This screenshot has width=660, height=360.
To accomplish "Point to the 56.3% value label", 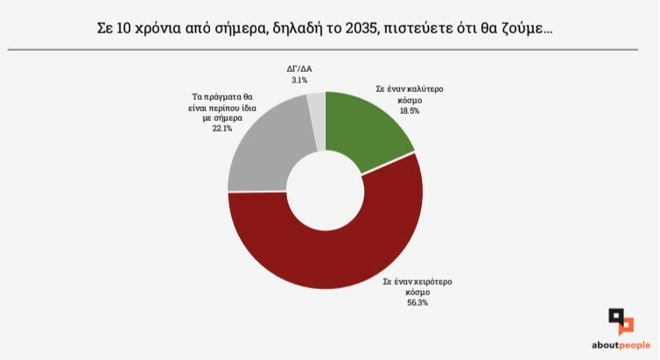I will (x=417, y=303).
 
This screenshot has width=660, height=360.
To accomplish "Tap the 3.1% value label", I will (x=299, y=81).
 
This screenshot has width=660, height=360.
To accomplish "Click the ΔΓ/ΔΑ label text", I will (x=299, y=68).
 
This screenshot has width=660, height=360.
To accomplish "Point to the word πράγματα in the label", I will (x=224, y=96).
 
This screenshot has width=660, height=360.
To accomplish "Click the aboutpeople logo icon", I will (x=621, y=321).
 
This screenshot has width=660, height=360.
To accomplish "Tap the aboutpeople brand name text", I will (x=621, y=344).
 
